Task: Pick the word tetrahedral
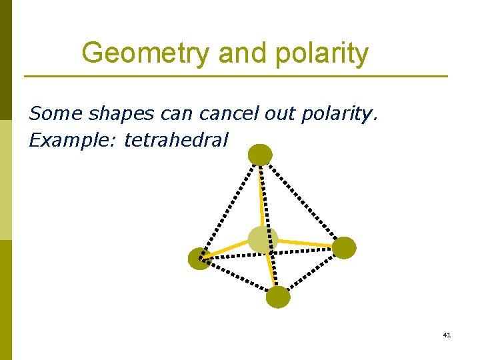[x=176, y=140]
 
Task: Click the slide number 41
[x=447, y=335]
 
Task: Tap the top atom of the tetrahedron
[x=260, y=155]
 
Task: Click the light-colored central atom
[x=263, y=239]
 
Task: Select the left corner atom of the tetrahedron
[x=199, y=259]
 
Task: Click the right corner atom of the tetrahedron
[x=344, y=247]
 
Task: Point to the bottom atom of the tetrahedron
[x=278, y=297]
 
